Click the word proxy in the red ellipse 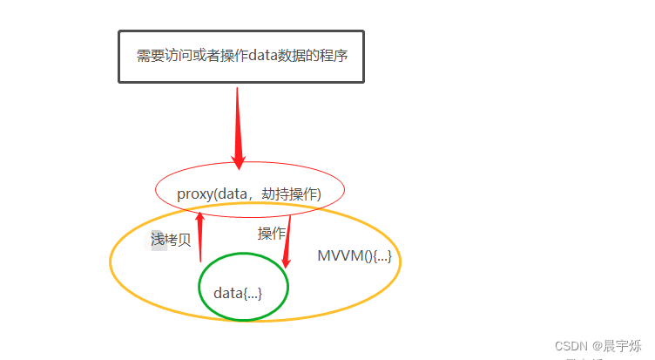click(193, 194)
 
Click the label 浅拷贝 click(171, 240)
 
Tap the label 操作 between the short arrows click(272, 233)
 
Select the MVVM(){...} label click(354, 256)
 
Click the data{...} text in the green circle click(238, 293)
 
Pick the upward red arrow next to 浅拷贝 click(200, 235)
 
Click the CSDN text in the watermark click(571, 346)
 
